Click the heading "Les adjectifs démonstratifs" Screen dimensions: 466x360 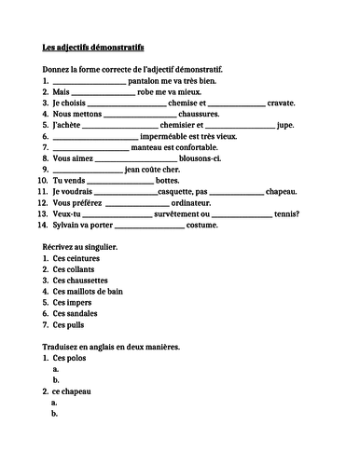(93, 46)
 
